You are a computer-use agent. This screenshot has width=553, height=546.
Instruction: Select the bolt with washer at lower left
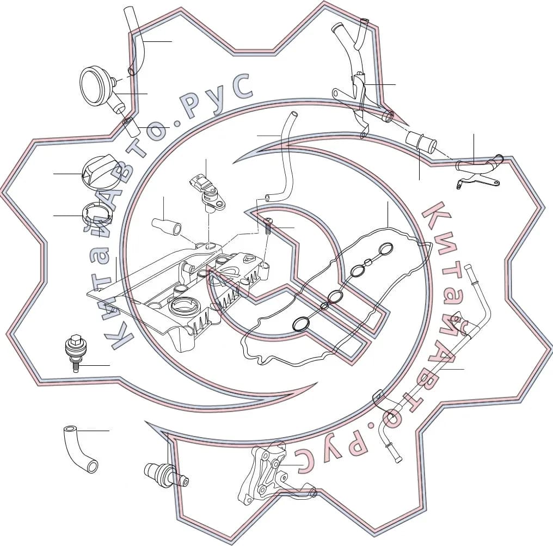coord(75,352)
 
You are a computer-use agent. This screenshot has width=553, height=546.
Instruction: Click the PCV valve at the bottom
coord(166,475)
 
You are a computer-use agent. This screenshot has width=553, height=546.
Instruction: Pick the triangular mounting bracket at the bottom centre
coord(268,473)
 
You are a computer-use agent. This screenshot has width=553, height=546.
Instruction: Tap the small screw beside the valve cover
coord(268,226)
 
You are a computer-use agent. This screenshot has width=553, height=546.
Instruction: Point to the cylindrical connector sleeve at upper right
coord(421,140)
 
